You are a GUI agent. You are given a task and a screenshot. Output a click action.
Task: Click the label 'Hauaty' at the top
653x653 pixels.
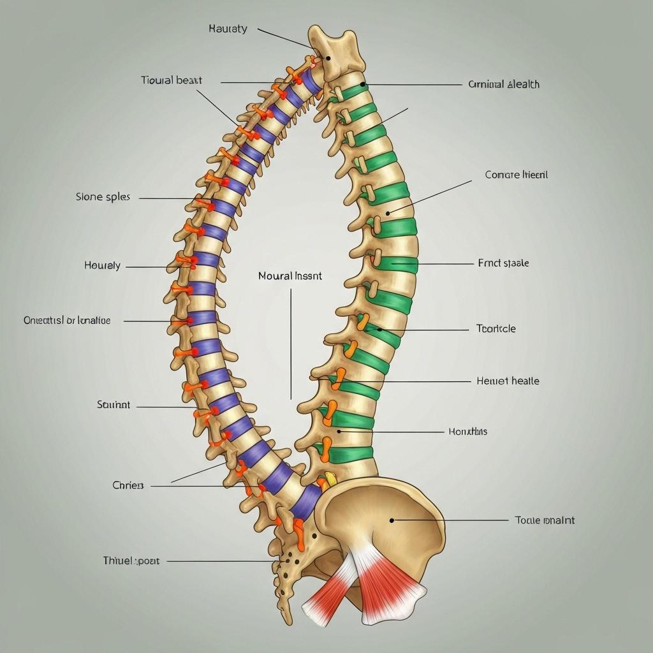pyautogui.click(x=228, y=29)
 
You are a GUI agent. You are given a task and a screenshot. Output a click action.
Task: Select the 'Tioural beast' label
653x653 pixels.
pyautogui.click(x=172, y=80)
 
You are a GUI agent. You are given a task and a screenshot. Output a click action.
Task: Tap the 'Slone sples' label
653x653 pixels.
pyautogui.click(x=103, y=197)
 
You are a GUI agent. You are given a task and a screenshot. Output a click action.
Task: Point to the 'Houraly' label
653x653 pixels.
pyautogui.click(x=102, y=265)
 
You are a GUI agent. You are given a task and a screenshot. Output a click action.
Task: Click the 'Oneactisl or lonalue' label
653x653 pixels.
pyautogui.click(x=67, y=320)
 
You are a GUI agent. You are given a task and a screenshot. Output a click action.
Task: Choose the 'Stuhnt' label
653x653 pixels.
pyautogui.click(x=114, y=404)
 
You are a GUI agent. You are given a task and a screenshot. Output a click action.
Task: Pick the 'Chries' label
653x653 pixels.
pyautogui.click(x=128, y=485)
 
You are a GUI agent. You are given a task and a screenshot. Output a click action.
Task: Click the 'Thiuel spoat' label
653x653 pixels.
pyautogui.click(x=131, y=561)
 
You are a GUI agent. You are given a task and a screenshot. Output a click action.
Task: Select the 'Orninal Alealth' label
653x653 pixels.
pyautogui.click(x=504, y=84)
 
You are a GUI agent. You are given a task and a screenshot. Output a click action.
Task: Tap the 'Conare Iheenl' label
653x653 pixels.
pyautogui.click(x=516, y=175)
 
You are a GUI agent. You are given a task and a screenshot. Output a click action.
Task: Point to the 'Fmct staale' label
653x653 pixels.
pyautogui.click(x=503, y=263)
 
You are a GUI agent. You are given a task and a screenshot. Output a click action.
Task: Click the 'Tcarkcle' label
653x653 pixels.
pyautogui.click(x=496, y=329)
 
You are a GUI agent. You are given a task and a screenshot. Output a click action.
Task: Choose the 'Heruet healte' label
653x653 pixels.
pyautogui.click(x=508, y=381)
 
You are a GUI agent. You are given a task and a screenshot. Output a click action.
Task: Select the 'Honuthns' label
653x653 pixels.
pyautogui.click(x=467, y=432)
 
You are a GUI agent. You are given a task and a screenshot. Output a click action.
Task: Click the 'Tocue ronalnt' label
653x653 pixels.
pyautogui.click(x=545, y=520)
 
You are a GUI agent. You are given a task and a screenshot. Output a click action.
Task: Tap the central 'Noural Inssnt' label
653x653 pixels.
pyautogui.click(x=290, y=277)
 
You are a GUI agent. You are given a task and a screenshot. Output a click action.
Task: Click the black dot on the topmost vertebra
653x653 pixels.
pyautogui.click(x=328, y=58)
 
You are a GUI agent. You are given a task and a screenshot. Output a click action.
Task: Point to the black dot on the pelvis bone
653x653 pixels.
pyautogui.click(x=392, y=520)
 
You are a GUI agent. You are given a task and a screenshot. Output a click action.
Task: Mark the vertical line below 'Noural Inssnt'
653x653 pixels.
pyautogui.click(x=291, y=344)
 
